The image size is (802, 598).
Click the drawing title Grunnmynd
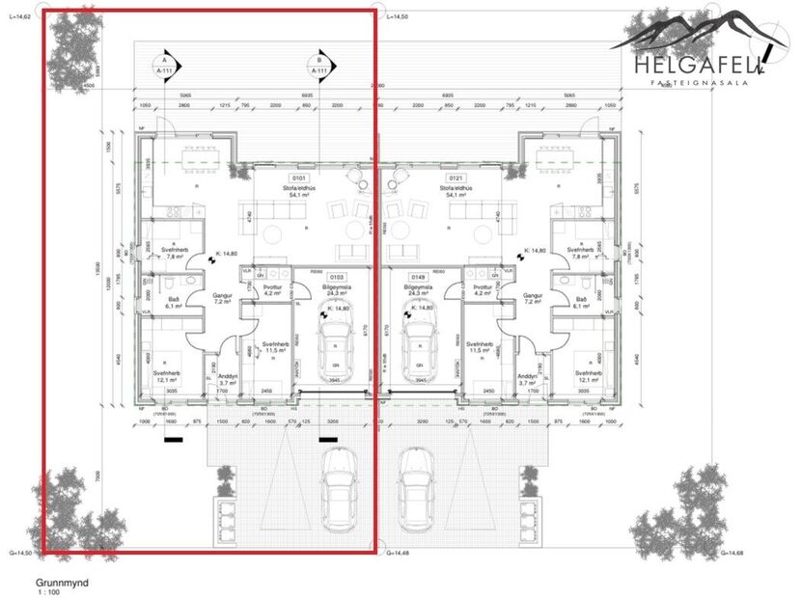pyautogui.click(x=64, y=584)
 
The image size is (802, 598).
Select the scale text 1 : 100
pyautogui.click(x=49, y=594)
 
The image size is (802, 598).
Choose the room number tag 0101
pyautogui.click(x=299, y=178)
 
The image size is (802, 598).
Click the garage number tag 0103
pyautogui.click(x=337, y=277)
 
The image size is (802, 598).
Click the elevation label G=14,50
pyautogui.click(x=21, y=553)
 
